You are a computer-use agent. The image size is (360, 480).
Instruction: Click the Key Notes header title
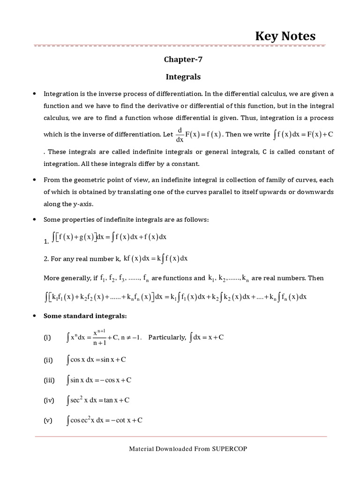tap(285, 36)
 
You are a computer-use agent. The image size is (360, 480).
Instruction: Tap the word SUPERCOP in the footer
tap(229, 449)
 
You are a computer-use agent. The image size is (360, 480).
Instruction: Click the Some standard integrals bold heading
tap(85, 316)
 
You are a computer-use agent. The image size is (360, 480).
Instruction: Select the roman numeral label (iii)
tap(49, 380)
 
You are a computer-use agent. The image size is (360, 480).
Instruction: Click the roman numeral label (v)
tap(48, 420)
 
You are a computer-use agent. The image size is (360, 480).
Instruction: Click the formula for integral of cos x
tap(97, 360)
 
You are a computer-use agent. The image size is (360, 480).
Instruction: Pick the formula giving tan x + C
tap(98, 400)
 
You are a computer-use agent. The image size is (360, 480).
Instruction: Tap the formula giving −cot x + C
tap(105, 420)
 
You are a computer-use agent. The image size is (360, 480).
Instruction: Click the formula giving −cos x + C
tap(99, 380)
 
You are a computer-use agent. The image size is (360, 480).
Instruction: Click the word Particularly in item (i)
tap(167, 337)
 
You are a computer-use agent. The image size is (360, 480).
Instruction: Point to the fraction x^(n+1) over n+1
tap(98, 338)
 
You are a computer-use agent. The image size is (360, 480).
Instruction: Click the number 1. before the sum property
tap(46, 242)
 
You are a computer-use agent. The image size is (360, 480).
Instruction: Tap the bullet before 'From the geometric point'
tap(34, 180)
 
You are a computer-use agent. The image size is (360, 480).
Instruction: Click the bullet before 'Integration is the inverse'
tap(34, 94)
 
